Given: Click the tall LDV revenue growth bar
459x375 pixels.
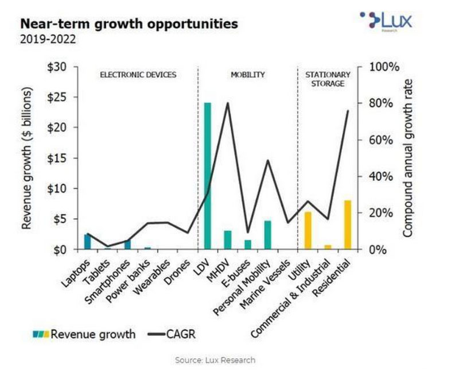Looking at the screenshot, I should [x=208, y=176].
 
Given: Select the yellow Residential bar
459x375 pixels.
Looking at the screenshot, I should [x=348, y=225].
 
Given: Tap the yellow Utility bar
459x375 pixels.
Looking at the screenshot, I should [x=308, y=230].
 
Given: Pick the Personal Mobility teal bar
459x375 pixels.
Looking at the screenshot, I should [x=267, y=235].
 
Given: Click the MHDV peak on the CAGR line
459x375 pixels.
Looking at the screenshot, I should [x=228, y=103].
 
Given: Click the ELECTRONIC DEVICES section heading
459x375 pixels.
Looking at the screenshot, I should [x=138, y=75].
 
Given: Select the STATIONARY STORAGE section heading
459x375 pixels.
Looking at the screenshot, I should [x=325, y=79].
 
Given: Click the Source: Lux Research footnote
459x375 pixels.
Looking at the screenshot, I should [x=215, y=360].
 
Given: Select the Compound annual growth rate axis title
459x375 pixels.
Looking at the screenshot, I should [x=409, y=158].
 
